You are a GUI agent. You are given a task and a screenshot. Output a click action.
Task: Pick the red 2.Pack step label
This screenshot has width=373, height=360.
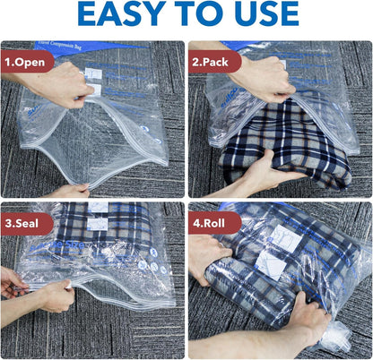[215, 64]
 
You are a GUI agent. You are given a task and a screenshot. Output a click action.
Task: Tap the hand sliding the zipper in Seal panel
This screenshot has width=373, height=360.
[54, 296]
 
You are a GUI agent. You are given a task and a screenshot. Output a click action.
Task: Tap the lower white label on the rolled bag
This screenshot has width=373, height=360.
[270, 261]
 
